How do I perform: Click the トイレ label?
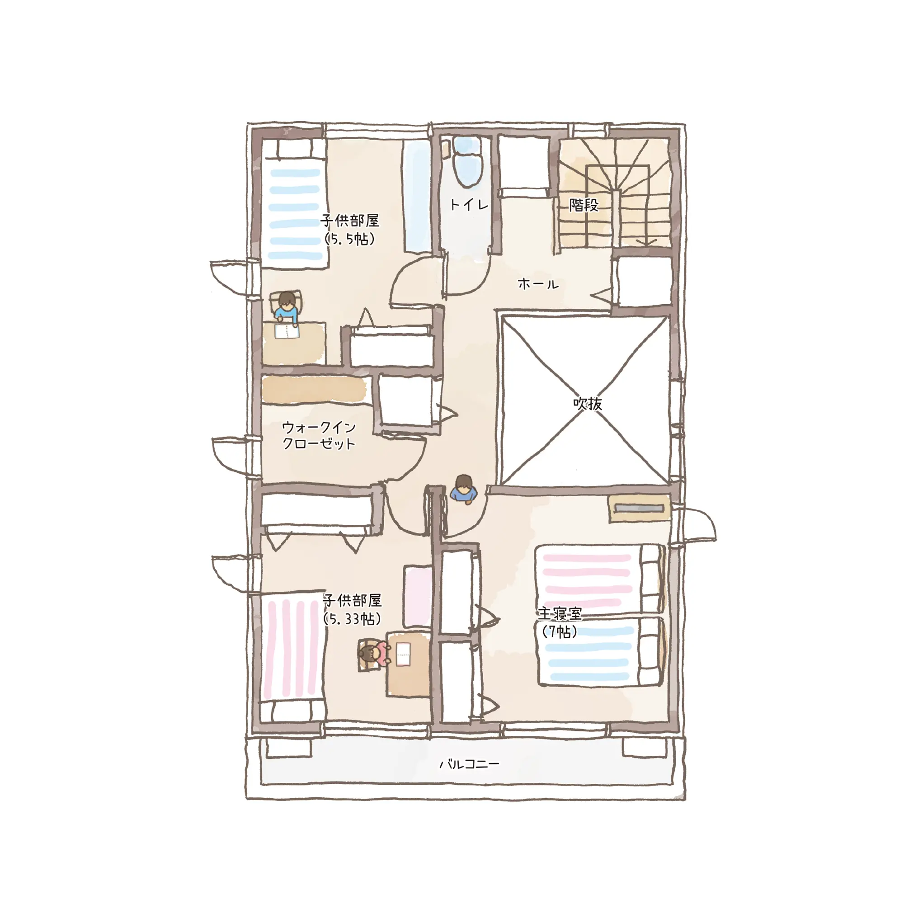pyautogui.click(x=469, y=204)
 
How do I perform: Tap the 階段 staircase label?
pyautogui.click(x=584, y=204)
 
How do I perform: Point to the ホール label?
pyautogui.click(x=538, y=284)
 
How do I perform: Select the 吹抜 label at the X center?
pyautogui.click(x=587, y=403)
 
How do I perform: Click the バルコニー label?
pyautogui.click(x=469, y=764)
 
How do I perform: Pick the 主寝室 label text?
pyautogui.click(x=560, y=613)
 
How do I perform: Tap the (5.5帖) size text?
pyautogui.click(x=350, y=239)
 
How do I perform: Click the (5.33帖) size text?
pyautogui.click(x=352, y=619)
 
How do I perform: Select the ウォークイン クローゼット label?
pyautogui.click(x=319, y=435)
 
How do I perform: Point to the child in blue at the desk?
pyautogui.click(x=286, y=307)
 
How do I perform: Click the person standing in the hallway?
pyautogui.click(x=463, y=490)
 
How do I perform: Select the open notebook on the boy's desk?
pyautogui.click(x=287, y=332)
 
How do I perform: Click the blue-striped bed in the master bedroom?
pyautogui.click(x=601, y=652)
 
